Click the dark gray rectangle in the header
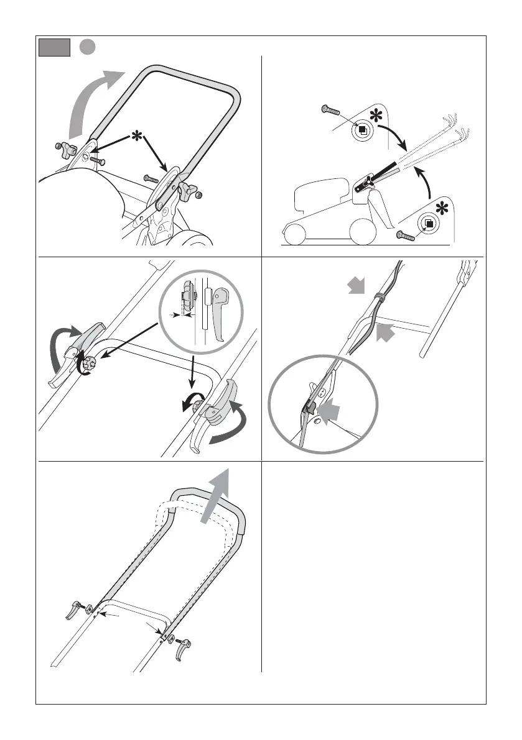tap(54, 47)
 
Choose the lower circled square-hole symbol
tap(428, 222)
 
